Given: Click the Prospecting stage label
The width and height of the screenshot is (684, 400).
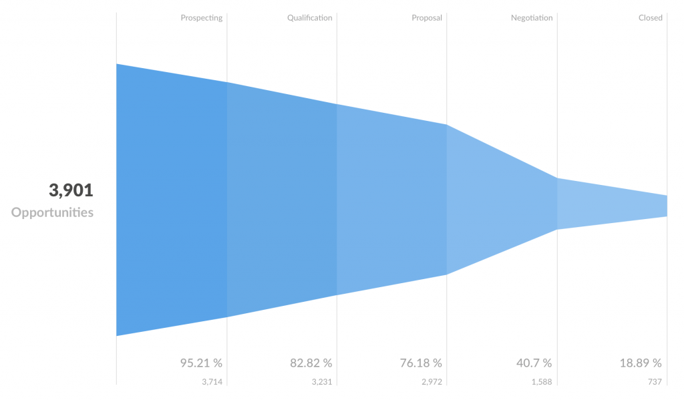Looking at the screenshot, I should pyautogui.click(x=201, y=18).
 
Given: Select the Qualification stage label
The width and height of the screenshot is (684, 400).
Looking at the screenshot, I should pyautogui.click(x=309, y=18).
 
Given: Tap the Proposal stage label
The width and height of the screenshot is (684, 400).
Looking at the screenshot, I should pyautogui.click(x=427, y=18).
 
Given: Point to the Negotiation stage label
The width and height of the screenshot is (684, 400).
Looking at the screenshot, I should pyautogui.click(x=532, y=18).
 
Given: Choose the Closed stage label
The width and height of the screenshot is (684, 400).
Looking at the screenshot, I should pyautogui.click(x=650, y=18).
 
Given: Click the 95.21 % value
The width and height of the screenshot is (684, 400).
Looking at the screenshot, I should pyautogui.click(x=201, y=363).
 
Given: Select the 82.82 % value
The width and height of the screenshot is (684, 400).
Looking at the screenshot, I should pyautogui.click(x=311, y=363).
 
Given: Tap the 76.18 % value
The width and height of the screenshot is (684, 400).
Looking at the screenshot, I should pyautogui.click(x=421, y=363).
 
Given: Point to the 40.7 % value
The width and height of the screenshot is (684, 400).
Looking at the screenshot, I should pyautogui.click(x=534, y=363).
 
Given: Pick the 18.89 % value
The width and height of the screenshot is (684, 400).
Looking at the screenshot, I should pyautogui.click(x=641, y=363).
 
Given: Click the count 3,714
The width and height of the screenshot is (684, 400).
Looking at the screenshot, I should pyautogui.click(x=212, y=382).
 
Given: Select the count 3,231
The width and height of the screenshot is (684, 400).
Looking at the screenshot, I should pyautogui.click(x=321, y=382).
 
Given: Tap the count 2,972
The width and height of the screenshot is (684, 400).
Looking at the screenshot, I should pyautogui.click(x=432, y=382).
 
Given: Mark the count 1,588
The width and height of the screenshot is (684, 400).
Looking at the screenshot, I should pyautogui.click(x=542, y=382).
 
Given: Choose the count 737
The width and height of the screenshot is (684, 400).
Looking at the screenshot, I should pyautogui.click(x=654, y=382).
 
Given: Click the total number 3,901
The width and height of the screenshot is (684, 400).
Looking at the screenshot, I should pyautogui.click(x=71, y=191).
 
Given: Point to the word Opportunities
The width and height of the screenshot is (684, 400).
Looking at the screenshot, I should pyautogui.click(x=52, y=213).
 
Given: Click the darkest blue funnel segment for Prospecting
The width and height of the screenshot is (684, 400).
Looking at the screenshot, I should pyautogui.click(x=172, y=200).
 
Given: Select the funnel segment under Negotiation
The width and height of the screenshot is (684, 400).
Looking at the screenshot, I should pyautogui.click(x=501, y=200).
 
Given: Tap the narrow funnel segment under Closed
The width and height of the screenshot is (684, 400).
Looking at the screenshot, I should pyautogui.click(x=612, y=204).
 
